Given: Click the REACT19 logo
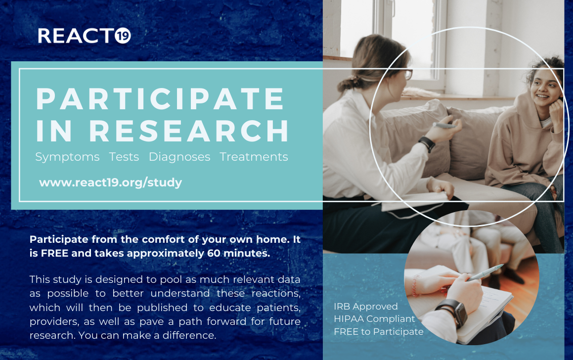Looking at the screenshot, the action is tap(85, 36).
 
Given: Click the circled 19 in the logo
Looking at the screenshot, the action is tap(123, 36).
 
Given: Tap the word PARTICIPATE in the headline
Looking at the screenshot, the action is tap(160, 98).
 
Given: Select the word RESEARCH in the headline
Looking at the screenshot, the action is tap(189, 131).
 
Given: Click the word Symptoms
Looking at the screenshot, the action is tap(67, 157).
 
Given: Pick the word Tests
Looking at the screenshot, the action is tap(124, 157).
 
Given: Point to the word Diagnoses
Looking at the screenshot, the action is tap(179, 157).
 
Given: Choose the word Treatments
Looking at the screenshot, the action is tap(254, 157).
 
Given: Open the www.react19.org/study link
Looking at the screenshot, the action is tap(110, 182).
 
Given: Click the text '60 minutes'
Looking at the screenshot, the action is tap(239, 253).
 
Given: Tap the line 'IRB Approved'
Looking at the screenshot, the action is tap(365, 307).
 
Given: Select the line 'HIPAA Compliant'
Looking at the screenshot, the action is tap(375, 319).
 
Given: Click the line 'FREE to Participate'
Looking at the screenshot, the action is tap(379, 332).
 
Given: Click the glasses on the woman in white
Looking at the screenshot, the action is tap(407, 75).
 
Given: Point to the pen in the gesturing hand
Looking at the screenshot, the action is tap(444, 126).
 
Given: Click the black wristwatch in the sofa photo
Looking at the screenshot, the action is tap(427, 143).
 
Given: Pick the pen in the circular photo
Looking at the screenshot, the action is tap(485, 272).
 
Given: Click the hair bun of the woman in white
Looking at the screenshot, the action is tap(346, 84).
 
